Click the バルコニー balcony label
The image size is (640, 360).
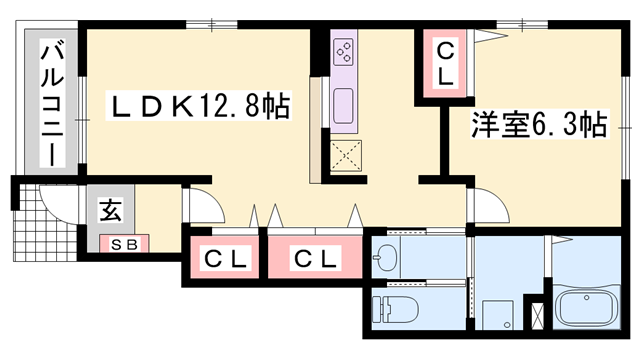click(x=47, y=104)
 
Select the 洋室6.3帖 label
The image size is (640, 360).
click(x=537, y=126)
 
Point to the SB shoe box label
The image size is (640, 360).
click(x=122, y=243)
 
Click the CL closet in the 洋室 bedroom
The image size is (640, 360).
click(x=445, y=61)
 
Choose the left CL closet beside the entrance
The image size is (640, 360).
click(x=225, y=259)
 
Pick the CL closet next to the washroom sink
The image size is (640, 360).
click(x=314, y=259)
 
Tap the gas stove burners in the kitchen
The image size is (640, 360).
click(x=344, y=50)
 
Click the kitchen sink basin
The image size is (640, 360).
click(x=344, y=104)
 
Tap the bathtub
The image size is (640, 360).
click(x=589, y=305)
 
